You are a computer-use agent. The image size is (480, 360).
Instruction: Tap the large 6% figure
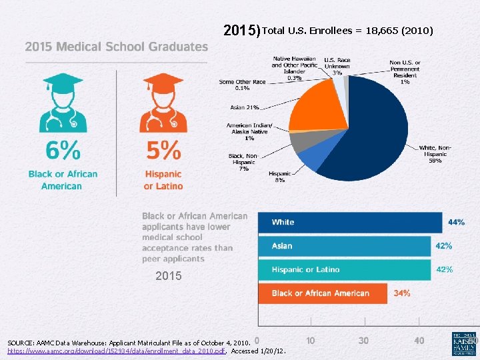click(x=61, y=151)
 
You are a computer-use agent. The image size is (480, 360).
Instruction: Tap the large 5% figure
click(x=163, y=151)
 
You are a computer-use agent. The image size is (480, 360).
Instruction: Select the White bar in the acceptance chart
click(x=350, y=222)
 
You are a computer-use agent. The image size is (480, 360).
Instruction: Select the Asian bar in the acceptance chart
click(x=344, y=246)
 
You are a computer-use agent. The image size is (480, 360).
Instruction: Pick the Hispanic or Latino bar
click(x=344, y=270)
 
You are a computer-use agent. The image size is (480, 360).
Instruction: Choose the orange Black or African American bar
click(x=323, y=293)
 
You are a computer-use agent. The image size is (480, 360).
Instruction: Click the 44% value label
click(x=456, y=222)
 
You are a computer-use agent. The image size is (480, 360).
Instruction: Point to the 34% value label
click(x=402, y=293)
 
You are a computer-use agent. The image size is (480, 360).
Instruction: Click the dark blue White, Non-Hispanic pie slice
click(x=373, y=133)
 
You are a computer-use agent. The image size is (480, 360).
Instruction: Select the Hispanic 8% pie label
click(x=279, y=177)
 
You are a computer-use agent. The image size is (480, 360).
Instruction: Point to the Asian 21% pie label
click(x=245, y=107)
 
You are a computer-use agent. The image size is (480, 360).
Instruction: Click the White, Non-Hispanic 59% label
click(x=435, y=154)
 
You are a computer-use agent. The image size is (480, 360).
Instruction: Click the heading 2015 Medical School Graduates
click(x=117, y=47)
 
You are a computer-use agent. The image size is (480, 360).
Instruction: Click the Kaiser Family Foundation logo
click(x=464, y=343)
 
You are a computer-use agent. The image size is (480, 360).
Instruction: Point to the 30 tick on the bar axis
click(x=363, y=341)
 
